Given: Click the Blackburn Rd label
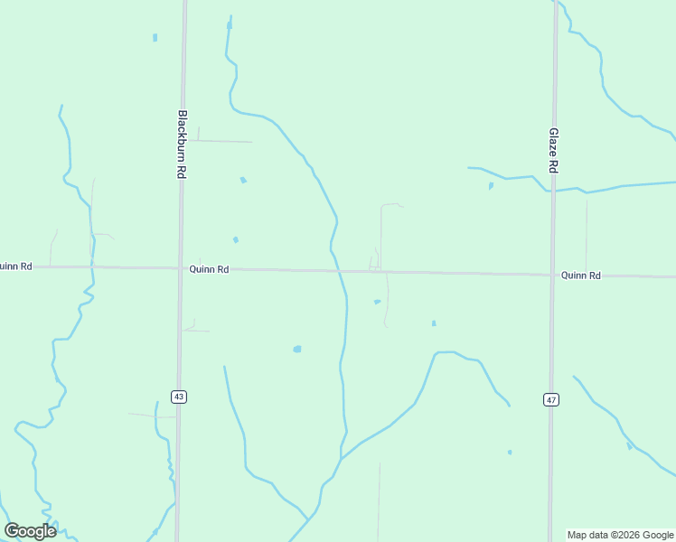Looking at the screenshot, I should [182, 144].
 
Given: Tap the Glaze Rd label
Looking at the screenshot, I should [553, 150].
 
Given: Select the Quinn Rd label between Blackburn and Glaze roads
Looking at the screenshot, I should [209, 269].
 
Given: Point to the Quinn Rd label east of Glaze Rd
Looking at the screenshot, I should [580, 275].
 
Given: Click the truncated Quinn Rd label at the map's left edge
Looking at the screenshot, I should [16, 266].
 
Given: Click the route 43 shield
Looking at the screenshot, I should [179, 397].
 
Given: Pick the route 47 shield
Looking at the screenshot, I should [549, 399].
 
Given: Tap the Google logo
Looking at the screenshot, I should [30, 531].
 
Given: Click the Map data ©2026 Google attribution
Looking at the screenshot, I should [621, 535].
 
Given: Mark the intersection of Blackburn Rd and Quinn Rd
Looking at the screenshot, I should [180, 268].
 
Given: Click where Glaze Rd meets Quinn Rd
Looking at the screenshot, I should [552, 275].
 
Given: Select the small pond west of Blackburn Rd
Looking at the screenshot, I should [155, 38].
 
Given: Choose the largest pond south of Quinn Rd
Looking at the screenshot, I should [296, 349].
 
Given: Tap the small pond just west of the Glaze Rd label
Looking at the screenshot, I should [491, 186].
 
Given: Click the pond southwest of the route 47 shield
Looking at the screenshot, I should [510, 452].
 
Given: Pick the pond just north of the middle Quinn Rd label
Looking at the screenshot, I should [235, 239].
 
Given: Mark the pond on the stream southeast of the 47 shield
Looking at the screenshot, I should [629, 445].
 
